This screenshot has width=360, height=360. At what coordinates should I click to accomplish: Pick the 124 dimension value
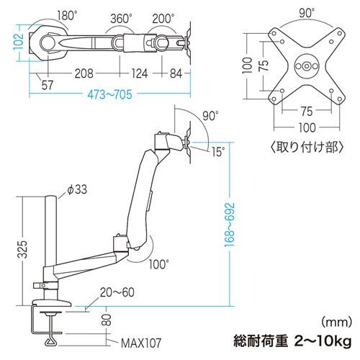tap(139, 73)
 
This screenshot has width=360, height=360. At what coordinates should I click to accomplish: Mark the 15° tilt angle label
tap(218, 151)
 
